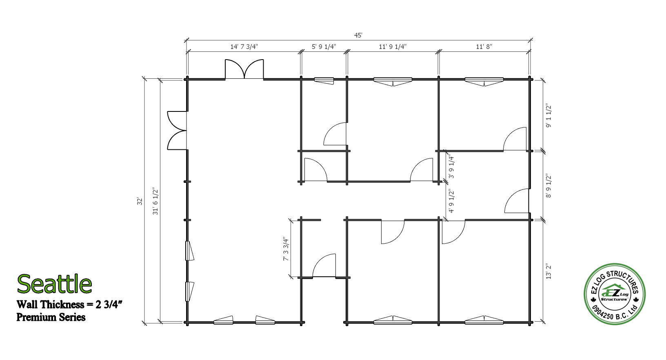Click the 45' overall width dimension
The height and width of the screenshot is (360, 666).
358,36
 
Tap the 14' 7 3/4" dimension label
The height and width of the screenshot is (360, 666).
244,47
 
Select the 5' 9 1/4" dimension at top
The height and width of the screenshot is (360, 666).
324,47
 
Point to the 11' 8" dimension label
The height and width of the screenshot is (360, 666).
484,47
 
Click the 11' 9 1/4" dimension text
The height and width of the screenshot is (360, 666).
393,47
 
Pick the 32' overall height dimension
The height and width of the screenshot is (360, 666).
140,201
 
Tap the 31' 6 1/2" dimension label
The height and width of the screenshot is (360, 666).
155,201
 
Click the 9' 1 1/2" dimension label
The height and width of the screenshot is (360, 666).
548,116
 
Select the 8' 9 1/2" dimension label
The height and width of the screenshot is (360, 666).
548,186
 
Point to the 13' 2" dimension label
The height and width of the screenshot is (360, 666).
548,271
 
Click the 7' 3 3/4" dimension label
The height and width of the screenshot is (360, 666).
286,249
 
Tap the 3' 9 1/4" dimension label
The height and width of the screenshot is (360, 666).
451,167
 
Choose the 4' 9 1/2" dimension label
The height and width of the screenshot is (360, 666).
451,201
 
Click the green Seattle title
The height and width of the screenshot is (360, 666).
54,284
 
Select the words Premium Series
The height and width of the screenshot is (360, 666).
51,317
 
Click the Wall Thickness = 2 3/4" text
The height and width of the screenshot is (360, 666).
69,304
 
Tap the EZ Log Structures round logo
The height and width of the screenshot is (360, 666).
615,294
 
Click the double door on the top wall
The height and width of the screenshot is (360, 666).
244,69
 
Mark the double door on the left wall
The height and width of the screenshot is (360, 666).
177,131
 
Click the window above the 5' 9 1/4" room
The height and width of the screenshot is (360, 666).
324,81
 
